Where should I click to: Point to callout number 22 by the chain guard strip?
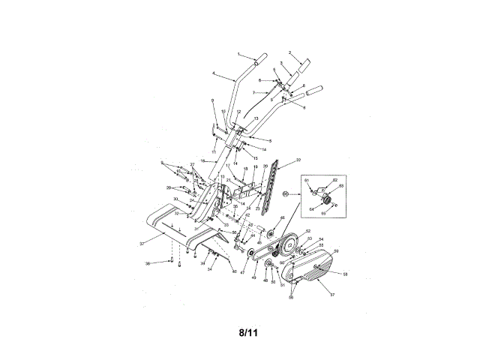tap(298, 160)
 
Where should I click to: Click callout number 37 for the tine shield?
tap(141, 244)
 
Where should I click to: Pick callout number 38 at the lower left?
tap(147, 263)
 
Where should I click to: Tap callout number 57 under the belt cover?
tap(333, 295)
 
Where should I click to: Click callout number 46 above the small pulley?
tap(282, 217)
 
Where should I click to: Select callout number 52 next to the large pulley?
tap(307, 231)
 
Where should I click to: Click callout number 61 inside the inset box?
tap(306, 181)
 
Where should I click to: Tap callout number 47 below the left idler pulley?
tap(242, 273)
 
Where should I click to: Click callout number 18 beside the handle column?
tap(202, 160)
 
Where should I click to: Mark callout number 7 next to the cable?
tap(242, 92)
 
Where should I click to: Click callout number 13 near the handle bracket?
tap(256, 118)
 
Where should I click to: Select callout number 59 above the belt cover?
tap(336, 250)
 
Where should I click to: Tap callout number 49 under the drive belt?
tap(254, 278)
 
